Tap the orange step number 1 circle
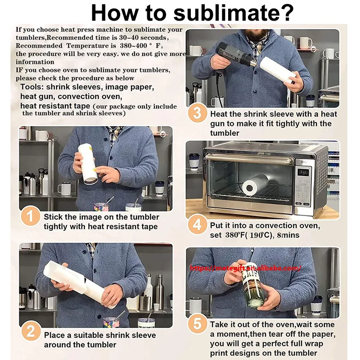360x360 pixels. [x=30, y=216]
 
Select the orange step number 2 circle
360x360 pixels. [x=31, y=331]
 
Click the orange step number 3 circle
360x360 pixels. [x=197, y=113]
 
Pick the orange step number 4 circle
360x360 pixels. [x=197, y=224]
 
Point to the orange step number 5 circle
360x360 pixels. [x=197, y=323]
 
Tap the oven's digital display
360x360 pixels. [x=303, y=172]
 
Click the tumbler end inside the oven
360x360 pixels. [x=250, y=188]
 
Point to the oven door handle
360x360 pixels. [x=249, y=158]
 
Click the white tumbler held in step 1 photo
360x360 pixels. [x=87, y=164]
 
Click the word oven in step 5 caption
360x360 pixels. [x=285, y=325]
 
